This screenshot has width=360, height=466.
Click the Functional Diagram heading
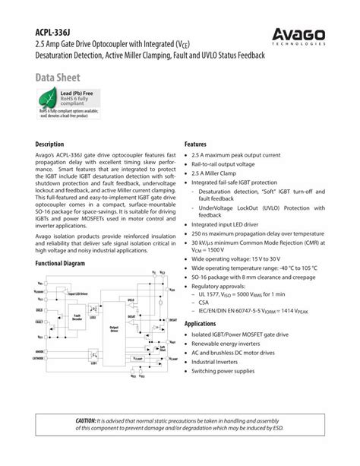click(60, 263)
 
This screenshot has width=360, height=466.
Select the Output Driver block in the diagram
click(114, 328)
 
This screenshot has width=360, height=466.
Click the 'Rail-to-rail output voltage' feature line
click(228, 164)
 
